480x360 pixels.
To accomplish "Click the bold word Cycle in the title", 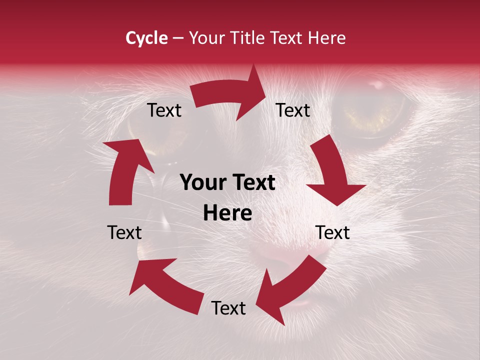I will tap(146, 38).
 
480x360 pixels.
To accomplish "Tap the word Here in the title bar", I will tap(325, 38).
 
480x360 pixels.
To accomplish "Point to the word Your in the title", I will tap(207, 38).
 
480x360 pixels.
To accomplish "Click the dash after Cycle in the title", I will tap(178, 38).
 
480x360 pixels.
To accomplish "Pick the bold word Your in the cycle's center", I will tap(201, 183).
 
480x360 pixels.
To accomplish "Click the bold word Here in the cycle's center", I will tap(227, 213).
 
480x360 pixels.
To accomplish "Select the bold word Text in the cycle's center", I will tap(252, 183).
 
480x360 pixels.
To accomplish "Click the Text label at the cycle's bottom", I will tap(228, 308).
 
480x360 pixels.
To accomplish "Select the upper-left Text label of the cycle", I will tap(164, 110).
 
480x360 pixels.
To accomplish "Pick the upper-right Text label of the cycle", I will tap(293, 110).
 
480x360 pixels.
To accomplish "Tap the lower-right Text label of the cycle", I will tap(332, 233).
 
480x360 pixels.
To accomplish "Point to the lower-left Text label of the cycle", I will tap(124, 233).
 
